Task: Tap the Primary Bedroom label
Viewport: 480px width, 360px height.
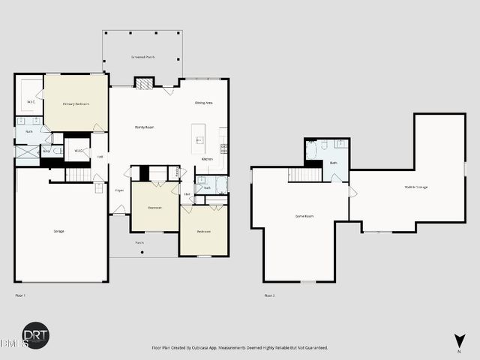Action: pos(76,104)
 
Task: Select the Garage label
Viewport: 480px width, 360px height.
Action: pos(59,231)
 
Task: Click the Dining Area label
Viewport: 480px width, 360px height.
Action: pos(205,103)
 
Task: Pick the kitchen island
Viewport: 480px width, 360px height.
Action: pos(199,134)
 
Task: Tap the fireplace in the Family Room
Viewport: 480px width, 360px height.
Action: pos(144,83)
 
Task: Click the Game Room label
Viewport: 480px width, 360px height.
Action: pos(304,216)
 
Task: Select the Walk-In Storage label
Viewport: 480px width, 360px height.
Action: pos(416,187)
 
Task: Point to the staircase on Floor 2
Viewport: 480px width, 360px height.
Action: pos(305,175)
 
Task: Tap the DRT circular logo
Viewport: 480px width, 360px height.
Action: pos(34,336)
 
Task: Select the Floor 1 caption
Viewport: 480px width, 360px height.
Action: pos(20,295)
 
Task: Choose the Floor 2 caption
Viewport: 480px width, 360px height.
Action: pos(269,295)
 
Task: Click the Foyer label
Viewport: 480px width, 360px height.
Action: pos(119,190)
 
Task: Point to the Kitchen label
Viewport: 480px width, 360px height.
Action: pos(208,159)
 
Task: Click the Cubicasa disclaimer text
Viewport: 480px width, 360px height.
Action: pos(239,348)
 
